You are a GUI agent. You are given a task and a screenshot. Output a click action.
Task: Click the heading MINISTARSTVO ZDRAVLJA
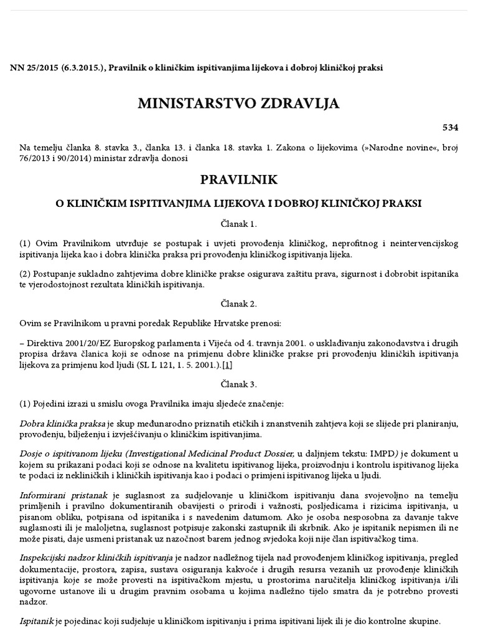239,103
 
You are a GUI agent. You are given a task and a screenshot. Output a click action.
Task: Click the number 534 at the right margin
450,128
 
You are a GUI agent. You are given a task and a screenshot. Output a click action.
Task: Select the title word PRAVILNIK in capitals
239,179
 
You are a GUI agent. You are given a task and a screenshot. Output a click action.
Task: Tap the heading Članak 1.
239,222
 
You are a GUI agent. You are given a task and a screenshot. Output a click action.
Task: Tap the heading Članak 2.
239,304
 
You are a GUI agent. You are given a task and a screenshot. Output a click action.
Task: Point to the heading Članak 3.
239,384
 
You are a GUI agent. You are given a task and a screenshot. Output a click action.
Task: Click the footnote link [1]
228,364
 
